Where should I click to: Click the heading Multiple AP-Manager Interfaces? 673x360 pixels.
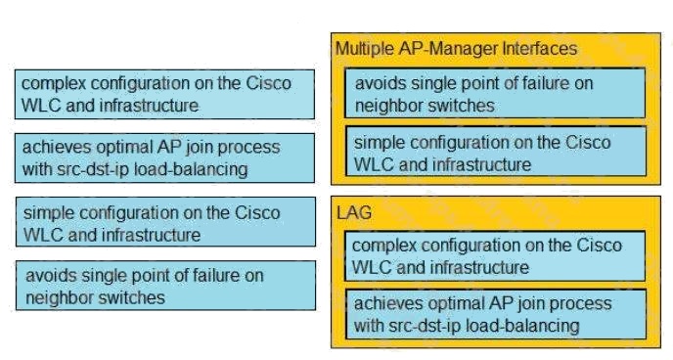456,49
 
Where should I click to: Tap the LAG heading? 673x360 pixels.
354,213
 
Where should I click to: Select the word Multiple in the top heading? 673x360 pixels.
365,49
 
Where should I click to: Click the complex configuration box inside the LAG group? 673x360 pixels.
495,256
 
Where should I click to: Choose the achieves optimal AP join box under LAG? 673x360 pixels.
496,315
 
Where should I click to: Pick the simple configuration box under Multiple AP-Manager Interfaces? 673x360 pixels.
496,151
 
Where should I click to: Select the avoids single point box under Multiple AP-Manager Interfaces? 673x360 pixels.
495,93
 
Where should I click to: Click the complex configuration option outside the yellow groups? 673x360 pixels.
164,94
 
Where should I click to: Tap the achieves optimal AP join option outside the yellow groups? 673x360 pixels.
164,158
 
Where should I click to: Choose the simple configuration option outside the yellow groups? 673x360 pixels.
165,222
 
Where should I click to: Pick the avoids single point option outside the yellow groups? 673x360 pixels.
165,286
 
